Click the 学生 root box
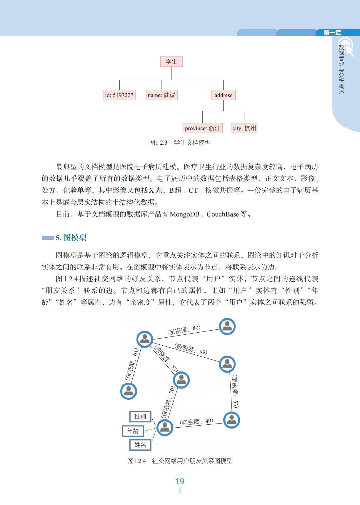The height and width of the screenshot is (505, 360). coord(171,62)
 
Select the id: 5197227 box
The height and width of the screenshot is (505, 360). coord(119,95)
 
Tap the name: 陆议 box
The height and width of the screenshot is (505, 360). coord(161,95)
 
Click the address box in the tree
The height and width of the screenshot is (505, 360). coord(223,95)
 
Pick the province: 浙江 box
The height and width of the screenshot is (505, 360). coord(202,128)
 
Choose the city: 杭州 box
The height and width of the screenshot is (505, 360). coord(244,128)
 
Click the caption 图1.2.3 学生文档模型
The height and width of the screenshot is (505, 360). coord(180,143)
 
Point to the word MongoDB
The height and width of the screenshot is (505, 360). coord(184,214)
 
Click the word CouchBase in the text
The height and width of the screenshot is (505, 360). coord(223,214)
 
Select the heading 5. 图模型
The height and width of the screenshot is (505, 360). coord(71,238)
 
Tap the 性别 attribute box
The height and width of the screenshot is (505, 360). coord(140,416)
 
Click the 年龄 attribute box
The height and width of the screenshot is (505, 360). coord(133,431)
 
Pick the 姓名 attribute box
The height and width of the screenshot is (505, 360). coord(140,445)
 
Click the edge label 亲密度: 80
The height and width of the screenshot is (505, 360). coord(184,330)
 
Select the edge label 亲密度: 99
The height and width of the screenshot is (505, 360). coord(191,349)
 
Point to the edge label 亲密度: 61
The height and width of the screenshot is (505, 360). coord(131,364)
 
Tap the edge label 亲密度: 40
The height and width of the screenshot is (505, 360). coord(196,422)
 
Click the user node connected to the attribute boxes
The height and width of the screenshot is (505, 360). coord(165,427)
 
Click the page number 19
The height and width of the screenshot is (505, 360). coord(180,481)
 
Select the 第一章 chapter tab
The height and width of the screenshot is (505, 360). coord(332,33)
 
